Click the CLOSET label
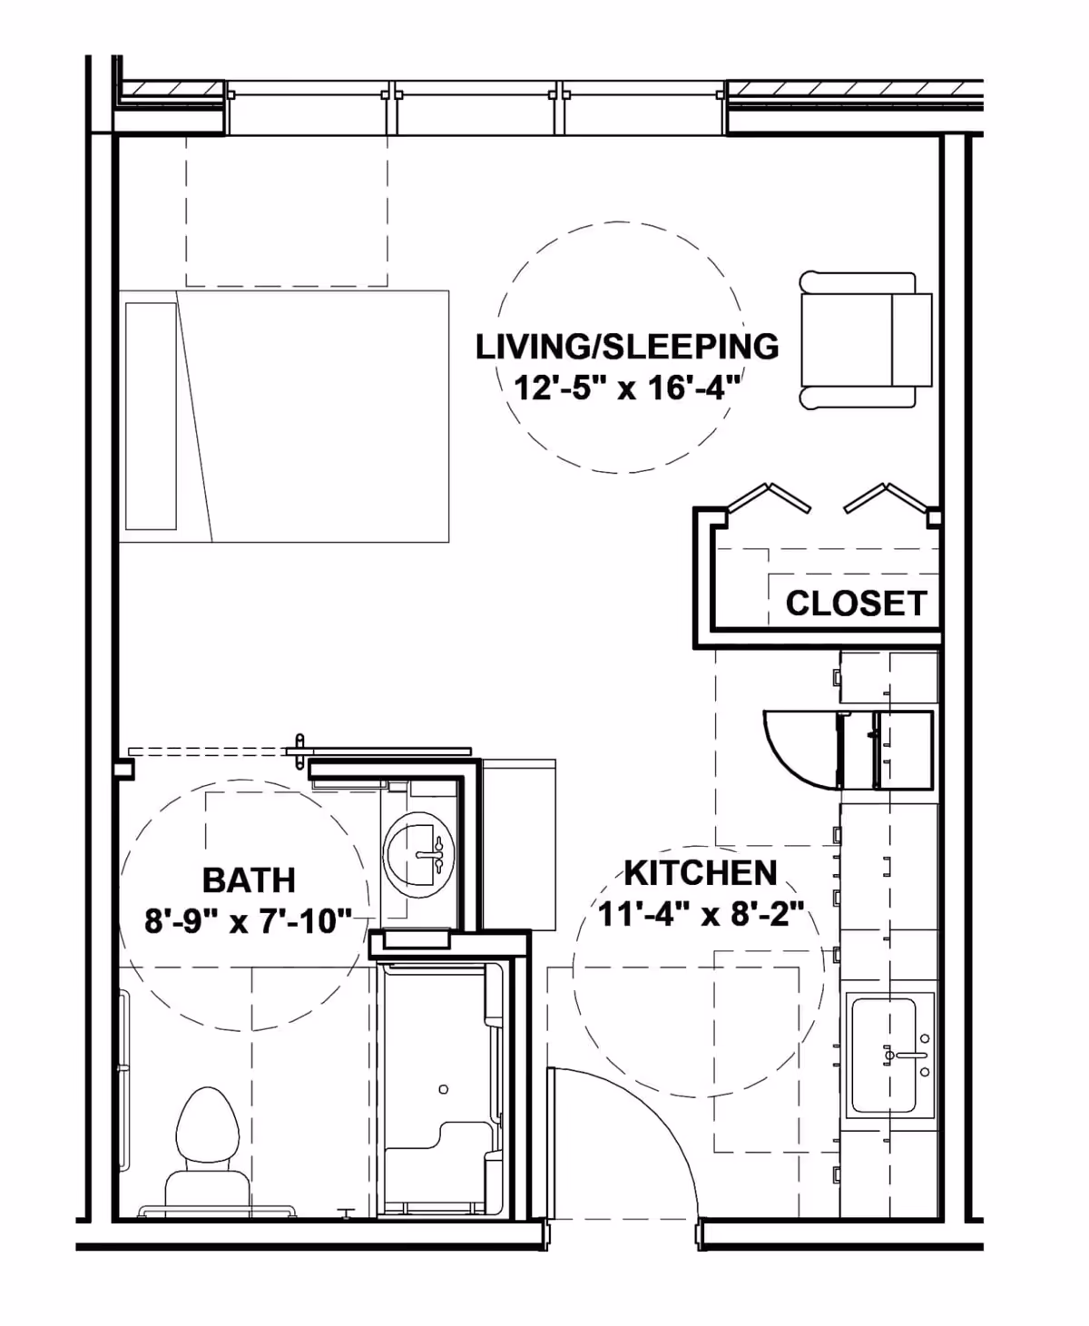pos(856,604)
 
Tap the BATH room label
pos(249,880)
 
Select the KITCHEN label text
pos(701,873)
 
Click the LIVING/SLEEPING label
pos(627,347)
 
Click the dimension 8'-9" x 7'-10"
pos(249,922)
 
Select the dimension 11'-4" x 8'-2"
pos(701,914)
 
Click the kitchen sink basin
pos(890,1055)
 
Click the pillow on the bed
pos(151,416)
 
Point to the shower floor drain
pos(443,1088)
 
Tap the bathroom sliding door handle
pos(299,751)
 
